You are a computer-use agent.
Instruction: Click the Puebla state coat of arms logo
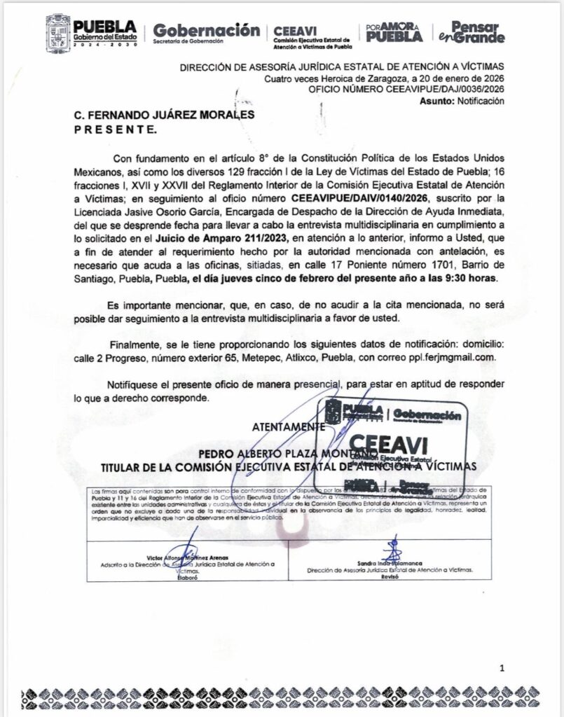coord(57,33)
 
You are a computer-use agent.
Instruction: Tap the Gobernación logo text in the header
coord(206,31)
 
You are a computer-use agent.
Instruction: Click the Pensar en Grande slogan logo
coord(480,32)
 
